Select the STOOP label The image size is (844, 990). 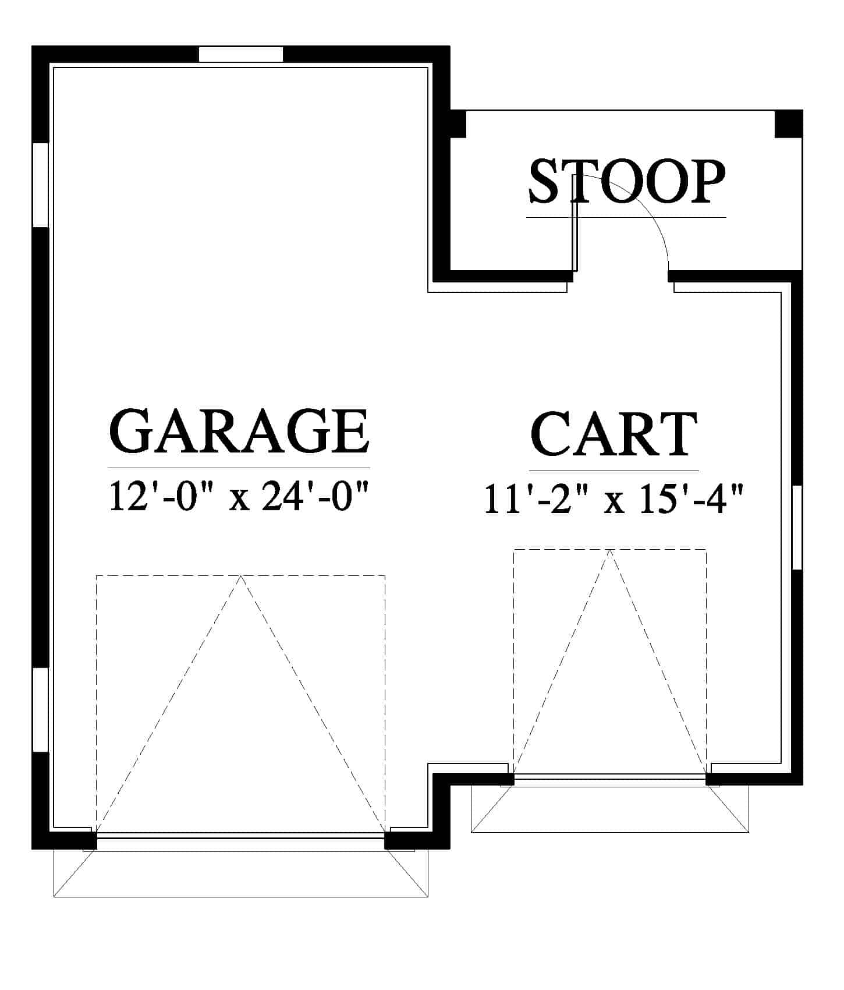tap(627, 182)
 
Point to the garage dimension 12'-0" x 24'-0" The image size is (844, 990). tap(239, 497)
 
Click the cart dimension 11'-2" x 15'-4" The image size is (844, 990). tap(614, 500)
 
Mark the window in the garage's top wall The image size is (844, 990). tap(241, 54)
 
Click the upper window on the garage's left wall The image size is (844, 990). tap(41, 185)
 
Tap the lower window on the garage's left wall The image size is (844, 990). tap(41, 709)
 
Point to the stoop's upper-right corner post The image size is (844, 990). tap(789, 124)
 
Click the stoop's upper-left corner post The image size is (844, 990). tap(458, 124)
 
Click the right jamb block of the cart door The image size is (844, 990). tap(712, 779)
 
